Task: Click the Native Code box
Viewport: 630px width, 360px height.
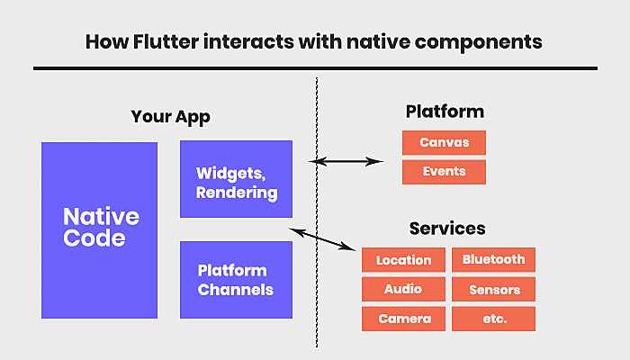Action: coord(99,230)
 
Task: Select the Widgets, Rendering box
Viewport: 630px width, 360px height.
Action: coord(236,179)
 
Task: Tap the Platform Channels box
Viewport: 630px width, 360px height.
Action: coord(236,280)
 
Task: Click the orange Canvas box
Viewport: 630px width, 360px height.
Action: coord(444,142)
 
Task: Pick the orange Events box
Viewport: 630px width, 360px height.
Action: coord(444,172)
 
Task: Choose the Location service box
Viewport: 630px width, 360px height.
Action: coord(403,260)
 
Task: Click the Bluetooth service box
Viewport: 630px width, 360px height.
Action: coord(493,260)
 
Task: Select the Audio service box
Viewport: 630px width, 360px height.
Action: coord(403,289)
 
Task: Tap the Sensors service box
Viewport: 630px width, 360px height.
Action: coord(493,289)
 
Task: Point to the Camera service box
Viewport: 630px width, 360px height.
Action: coord(403,319)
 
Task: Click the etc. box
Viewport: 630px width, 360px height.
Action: coord(493,319)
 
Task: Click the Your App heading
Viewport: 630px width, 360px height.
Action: coord(170,117)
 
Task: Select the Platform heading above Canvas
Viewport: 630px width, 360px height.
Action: coord(445,112)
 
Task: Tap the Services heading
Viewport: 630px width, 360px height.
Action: coord(447,229)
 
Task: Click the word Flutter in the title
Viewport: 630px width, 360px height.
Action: coord(166,41)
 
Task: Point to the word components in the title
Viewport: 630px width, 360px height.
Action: coord(478,42)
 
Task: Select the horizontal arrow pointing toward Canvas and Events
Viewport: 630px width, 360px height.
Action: coord(346,161)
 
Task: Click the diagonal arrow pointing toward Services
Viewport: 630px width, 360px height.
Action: coord(322,239)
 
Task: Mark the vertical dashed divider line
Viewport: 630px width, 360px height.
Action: coord(317,212)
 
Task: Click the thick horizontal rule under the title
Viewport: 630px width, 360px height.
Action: coord(315,68)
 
